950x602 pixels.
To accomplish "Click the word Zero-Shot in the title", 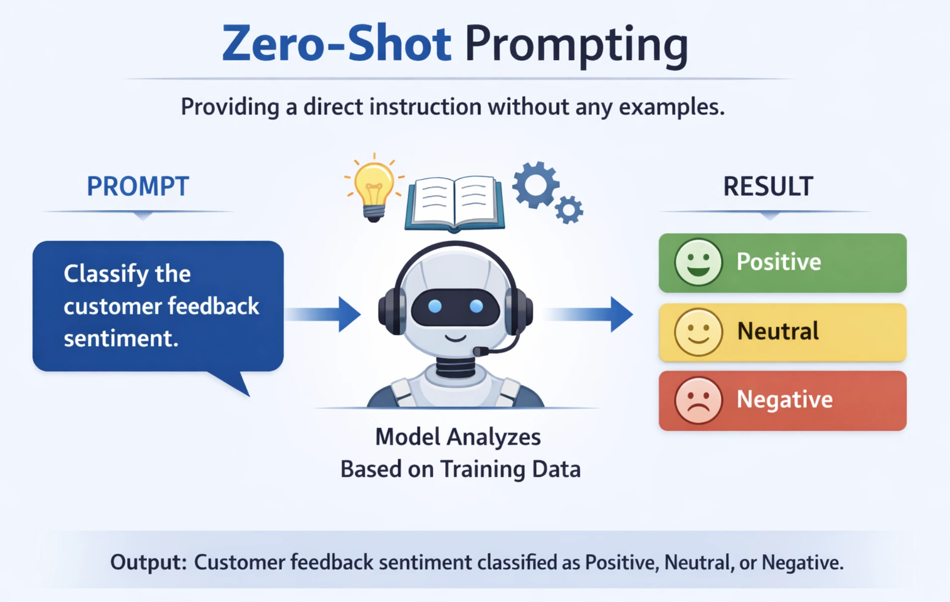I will pos(336,44).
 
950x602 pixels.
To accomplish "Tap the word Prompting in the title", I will pos(576,46).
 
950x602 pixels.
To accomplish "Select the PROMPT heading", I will pos(138,187).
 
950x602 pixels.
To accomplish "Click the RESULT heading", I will pos(768,187).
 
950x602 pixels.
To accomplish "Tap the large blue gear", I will pos(535,185).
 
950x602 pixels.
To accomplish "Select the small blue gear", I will pos(569,210).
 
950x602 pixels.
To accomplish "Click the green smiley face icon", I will pos(698,262).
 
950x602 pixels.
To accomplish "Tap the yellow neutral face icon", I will pos(698,332).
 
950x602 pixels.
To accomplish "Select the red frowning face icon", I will pos(698,401).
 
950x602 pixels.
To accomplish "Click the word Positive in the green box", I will pos(778,262).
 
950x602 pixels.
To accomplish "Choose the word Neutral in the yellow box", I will pos(778,331).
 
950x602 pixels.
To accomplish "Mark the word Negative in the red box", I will pos(784,400).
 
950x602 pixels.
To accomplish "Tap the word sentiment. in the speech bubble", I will pos(121,339).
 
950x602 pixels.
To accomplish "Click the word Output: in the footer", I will pos(148,562).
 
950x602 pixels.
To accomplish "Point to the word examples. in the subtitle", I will pos(671,107).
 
